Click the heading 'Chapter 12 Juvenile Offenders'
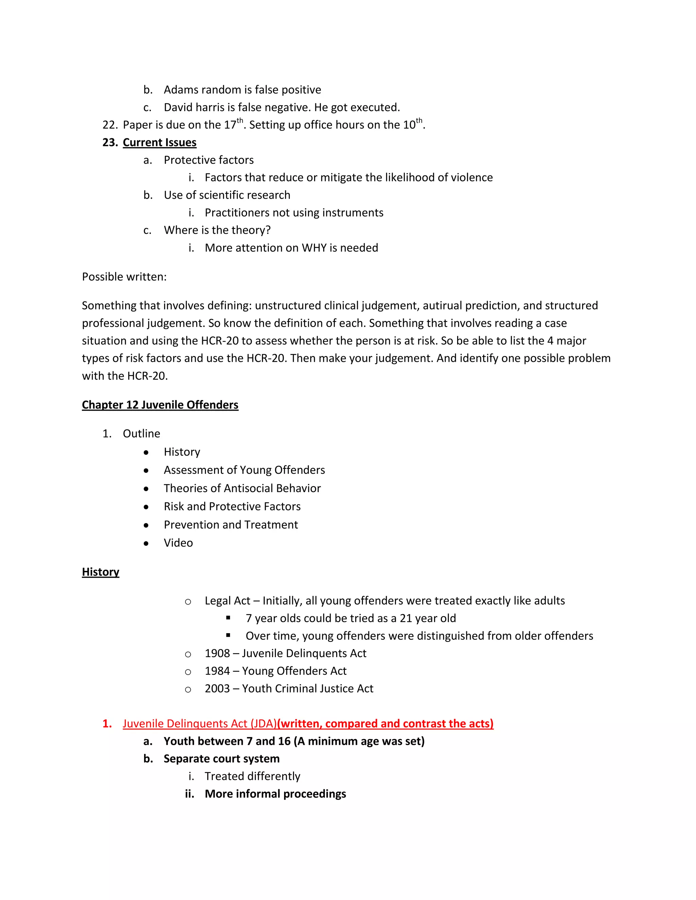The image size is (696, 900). click(x=160, y=405)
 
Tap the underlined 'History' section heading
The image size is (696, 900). click(x=101, y=572)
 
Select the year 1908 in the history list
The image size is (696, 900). click(x=217, y=653)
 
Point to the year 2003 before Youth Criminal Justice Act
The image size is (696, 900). click(x=217, y=689)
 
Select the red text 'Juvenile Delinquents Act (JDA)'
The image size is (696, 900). click(x=199, y=724)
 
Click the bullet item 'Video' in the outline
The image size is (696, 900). click(x=178, y=543)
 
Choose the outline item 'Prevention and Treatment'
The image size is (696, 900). click(x=230, y=525)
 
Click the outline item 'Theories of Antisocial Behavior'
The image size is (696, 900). click(x=242, y=488)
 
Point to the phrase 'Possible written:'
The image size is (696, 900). click(x=124, y=276)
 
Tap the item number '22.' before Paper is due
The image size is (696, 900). click(x=110, y=125)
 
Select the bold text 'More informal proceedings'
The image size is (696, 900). click(x=275, y=794)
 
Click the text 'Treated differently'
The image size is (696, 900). click(x=253, y=776)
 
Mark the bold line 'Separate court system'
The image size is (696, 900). click(x=222, y=759)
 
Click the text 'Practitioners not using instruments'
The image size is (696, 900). click(x=294, y=213)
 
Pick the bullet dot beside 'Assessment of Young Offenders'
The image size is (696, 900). click(x=146, y=471)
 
